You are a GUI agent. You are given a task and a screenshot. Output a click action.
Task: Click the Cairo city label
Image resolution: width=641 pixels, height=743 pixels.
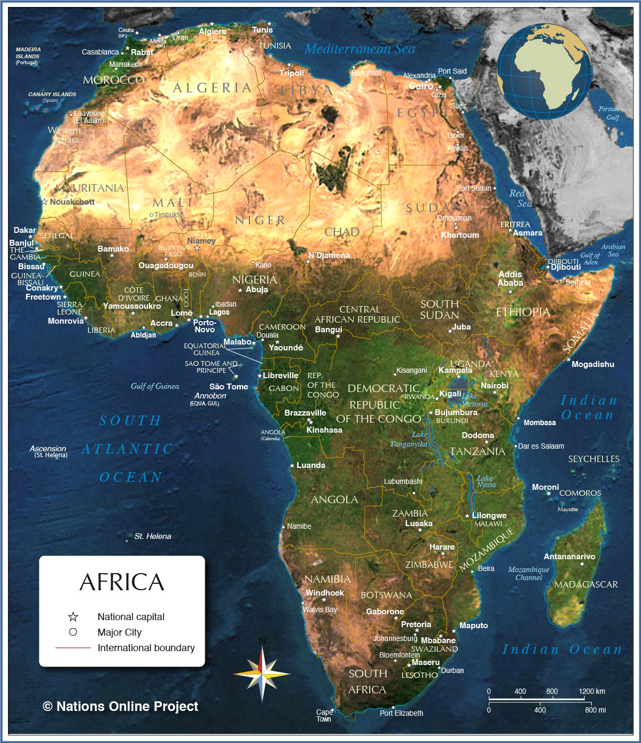pyautogui.click(x=421, y=86)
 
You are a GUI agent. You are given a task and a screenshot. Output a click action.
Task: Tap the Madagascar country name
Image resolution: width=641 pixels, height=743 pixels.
pyautogui.click(x=586, y=584)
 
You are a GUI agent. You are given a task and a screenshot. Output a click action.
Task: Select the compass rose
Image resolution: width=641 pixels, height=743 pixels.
pyautogui.click(x=262, y=674)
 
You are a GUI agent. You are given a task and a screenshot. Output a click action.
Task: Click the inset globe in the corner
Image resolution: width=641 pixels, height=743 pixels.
pyautogui.click(x=544, y=71)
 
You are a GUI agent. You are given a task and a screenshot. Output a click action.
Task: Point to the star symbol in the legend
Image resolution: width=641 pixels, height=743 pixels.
pyautogui.click(x=73, y=617)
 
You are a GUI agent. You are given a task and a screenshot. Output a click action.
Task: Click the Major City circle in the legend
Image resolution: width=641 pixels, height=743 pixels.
pyautogui.click(x=73, y=632)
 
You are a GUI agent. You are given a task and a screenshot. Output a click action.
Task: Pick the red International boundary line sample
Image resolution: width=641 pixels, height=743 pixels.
pyautogui.click(x=73, y=648)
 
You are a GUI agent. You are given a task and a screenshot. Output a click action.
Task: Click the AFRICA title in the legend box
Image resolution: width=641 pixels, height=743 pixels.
pyautogui.click(x=122, y=582)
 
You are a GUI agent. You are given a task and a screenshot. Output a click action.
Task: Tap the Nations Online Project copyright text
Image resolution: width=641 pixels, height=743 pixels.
pyautogui.click(x=121, y=707)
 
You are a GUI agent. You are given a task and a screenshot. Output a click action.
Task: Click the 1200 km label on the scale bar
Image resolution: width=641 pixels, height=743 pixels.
pyautogui.click(x=591, y=691)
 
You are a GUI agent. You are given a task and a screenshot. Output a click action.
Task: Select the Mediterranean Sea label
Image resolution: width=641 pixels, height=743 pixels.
pyautogui.click(x=359, y=49)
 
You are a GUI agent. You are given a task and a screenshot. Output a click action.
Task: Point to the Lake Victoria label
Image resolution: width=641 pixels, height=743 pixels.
pyautogui.click(x=473, y=400)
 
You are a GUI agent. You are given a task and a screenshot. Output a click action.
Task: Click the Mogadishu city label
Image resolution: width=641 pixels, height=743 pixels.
pyautogui.click(x=592, y=364)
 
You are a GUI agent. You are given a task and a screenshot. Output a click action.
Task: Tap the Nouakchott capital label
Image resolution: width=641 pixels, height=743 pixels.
pyautogui.click(x=72, y=202)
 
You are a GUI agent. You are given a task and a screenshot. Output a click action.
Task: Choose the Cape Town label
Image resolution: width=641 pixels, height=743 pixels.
pyautogui.click(x=324, y=715)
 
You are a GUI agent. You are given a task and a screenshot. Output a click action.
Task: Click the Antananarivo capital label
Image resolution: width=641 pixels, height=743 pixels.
pyautogui.click(x=569, y=557)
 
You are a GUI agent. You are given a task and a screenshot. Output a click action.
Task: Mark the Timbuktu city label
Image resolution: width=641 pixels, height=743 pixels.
pyautogui.click(x=168, y=215)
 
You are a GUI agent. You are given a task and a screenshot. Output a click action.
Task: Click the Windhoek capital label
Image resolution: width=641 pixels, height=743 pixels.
pyautogui.click(x=325, y=593)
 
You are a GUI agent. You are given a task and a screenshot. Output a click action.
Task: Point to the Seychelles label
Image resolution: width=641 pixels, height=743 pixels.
pyautogui.click(x=593, y=459)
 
